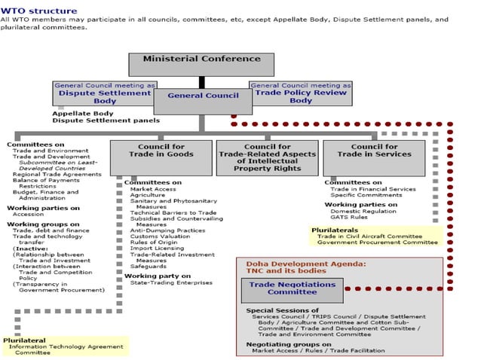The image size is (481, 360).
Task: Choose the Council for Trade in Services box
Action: tap(381, 156)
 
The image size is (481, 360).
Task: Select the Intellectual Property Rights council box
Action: tap(267, 157)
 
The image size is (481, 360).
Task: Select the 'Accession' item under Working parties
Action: tap(28, 213)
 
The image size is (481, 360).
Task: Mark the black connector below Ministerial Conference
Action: tap(202, 82)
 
